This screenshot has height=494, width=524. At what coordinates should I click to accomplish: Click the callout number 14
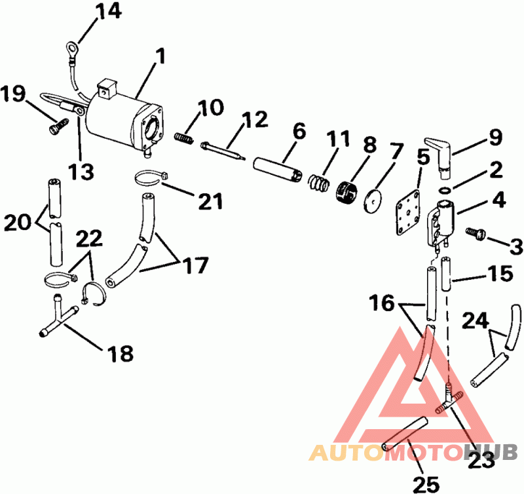click(108, 11)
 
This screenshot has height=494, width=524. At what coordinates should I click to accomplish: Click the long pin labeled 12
click(223, 151)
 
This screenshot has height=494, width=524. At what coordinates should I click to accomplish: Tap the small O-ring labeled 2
click(445, 189)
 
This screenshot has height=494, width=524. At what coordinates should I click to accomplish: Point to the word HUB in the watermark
click(491, 452)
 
